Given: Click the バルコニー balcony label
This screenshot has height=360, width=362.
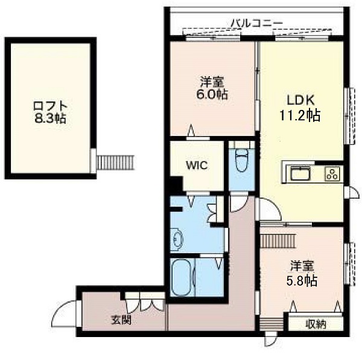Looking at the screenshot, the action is (257, 23).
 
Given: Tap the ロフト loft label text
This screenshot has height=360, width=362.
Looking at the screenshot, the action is (50, 106).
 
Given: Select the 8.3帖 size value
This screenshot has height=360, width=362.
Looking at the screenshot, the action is (50, 118).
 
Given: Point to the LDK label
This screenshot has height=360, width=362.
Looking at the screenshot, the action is (300, 100).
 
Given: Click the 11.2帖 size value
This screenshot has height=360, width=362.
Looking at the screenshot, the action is (300, 115).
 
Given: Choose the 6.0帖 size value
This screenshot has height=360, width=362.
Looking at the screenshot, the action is (212, 94).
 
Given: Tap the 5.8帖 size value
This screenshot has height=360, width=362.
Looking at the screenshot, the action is (302, 281).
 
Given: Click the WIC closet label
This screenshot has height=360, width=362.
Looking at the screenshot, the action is (197, 166).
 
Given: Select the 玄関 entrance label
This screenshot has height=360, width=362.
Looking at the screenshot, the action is (121, 320).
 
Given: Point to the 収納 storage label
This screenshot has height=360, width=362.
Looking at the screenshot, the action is (316, 324).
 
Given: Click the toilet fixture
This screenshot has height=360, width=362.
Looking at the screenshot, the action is (241, 157).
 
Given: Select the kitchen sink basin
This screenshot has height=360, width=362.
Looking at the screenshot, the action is (300, 173).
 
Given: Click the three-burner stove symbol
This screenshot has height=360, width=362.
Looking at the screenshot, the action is (332, 173).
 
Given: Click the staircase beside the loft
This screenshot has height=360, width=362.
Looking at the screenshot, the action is (116, 162).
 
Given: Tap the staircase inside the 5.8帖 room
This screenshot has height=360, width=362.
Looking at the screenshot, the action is (278, 241).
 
